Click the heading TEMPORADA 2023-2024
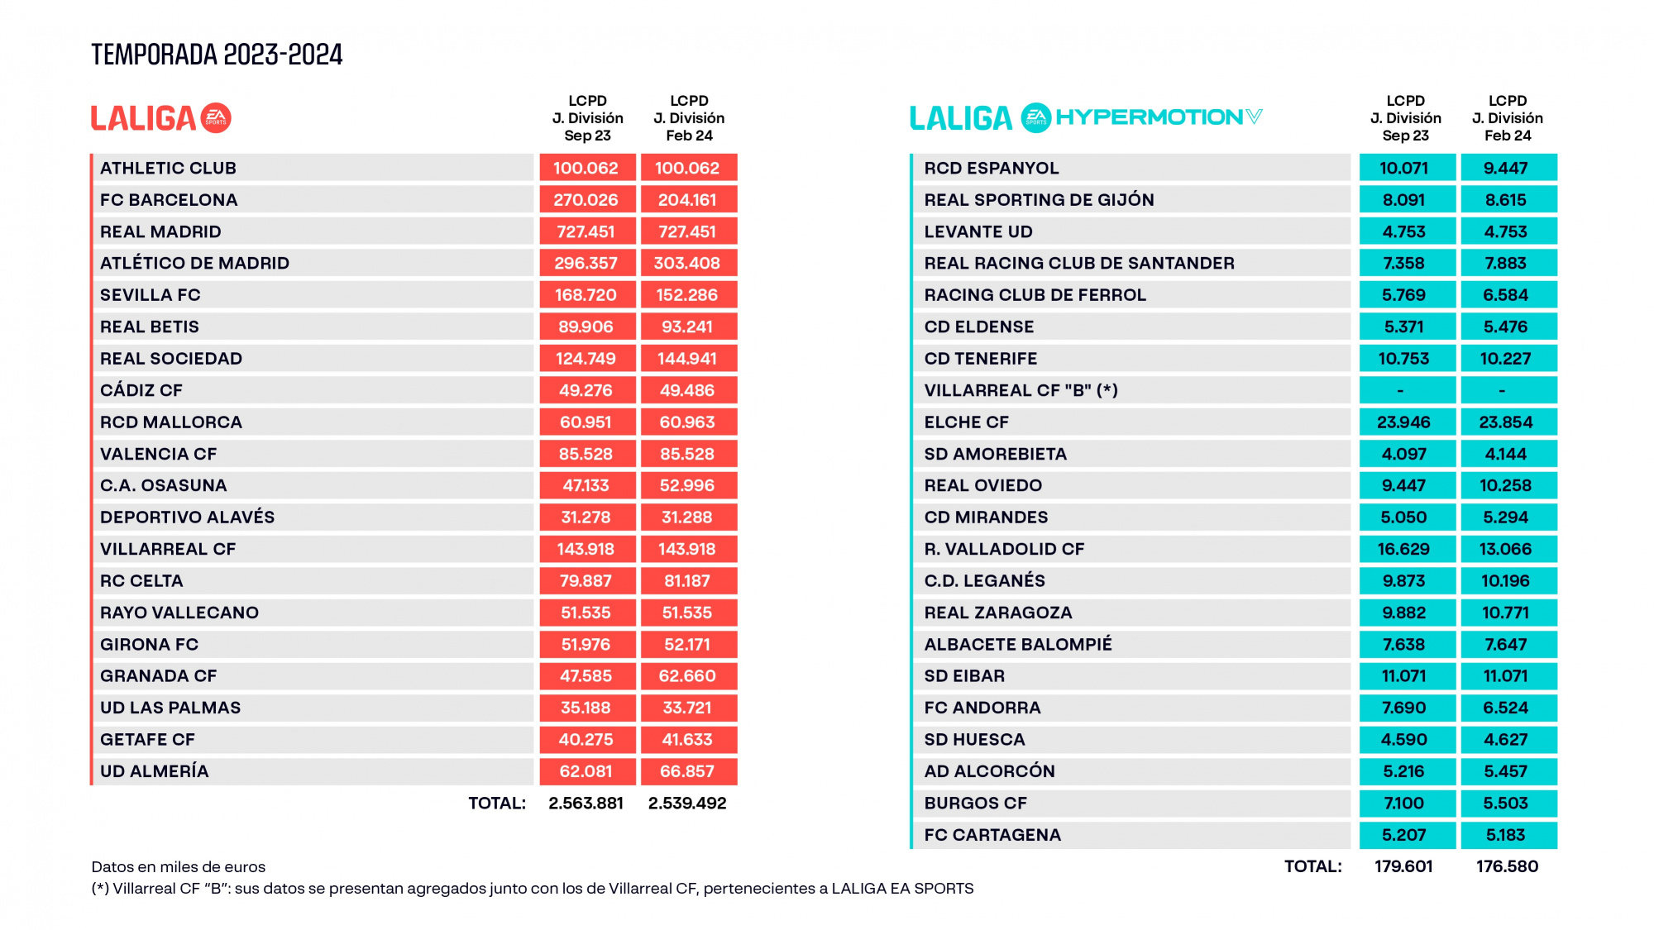(217, 55)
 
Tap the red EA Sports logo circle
(216, 118)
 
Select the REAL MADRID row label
(160, 231)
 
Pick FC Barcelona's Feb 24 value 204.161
(687, 200)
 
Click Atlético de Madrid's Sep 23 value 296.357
(586, 263)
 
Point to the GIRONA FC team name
(149, 644)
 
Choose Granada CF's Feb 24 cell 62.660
(687, 676)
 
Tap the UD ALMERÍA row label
(155, 771)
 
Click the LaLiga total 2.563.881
(586, 803)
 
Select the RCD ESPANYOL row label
(992, 168)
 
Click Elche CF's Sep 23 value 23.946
(1403, 422)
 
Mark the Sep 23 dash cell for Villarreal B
(1403, 390)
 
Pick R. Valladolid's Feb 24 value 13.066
(1506, 549)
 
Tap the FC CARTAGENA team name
(992, 835)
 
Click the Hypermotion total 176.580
(1507, 866)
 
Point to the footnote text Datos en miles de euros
(179, 867)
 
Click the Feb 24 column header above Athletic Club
(689, 118)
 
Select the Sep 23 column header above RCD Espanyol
(1405, 118)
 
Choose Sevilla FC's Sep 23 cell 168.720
(586, 295)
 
